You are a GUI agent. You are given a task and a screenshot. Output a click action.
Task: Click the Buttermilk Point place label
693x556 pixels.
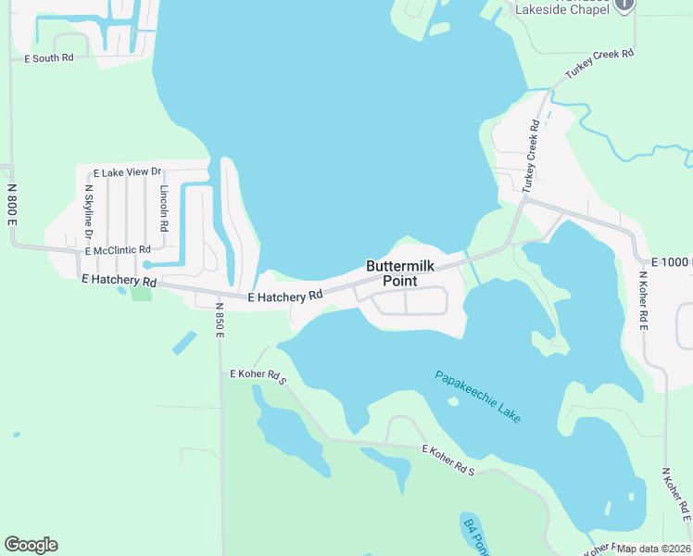(398, 273)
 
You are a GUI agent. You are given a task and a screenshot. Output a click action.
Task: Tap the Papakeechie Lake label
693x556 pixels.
(478, 397)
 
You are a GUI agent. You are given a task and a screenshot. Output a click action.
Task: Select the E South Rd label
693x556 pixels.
(48, 58)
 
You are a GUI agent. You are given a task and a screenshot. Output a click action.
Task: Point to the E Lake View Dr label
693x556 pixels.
(128, 172)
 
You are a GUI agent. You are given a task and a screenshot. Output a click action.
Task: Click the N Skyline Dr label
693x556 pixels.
(90, 212)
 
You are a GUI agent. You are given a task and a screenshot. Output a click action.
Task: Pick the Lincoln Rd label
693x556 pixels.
(164, 207)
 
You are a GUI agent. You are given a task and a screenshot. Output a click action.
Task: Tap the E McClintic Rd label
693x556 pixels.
(118, 250)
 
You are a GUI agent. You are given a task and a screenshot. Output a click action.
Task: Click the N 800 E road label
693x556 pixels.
(12, 204)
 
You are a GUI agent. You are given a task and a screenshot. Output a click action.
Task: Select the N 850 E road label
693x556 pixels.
(220, 321)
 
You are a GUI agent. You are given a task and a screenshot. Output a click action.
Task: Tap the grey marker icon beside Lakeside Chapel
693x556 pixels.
(624, 4)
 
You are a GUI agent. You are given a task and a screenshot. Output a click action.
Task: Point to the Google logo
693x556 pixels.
(31, 545)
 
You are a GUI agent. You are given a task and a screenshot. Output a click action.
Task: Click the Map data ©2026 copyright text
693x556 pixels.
(653, 549)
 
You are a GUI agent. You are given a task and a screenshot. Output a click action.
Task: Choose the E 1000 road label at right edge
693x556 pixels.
(672, 263)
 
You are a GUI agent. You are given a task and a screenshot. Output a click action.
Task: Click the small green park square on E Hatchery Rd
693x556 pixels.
(141, 294)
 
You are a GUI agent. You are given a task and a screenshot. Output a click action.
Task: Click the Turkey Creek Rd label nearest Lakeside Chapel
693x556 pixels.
(600, 66)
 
